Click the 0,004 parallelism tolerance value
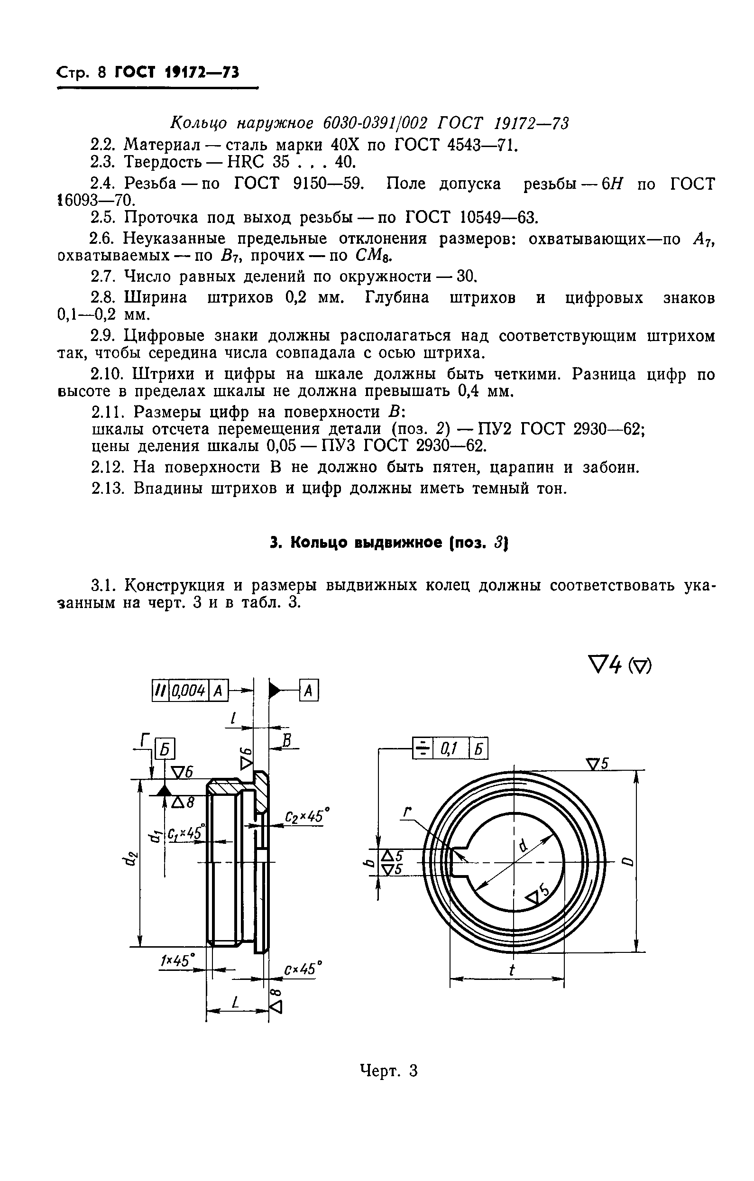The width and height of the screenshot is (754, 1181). point(189,691)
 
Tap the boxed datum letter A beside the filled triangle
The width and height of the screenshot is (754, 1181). point(308,691)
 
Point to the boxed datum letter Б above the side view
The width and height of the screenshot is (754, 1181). point(165,749)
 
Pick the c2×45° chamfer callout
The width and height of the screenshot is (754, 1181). point(306,817)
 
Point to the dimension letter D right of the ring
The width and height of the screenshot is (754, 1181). point(629,862)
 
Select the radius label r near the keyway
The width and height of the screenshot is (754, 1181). point(406,813)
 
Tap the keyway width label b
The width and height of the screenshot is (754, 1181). point(371,863)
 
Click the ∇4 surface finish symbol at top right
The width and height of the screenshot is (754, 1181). point(604,665)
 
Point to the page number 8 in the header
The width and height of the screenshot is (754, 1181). point(101,73)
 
